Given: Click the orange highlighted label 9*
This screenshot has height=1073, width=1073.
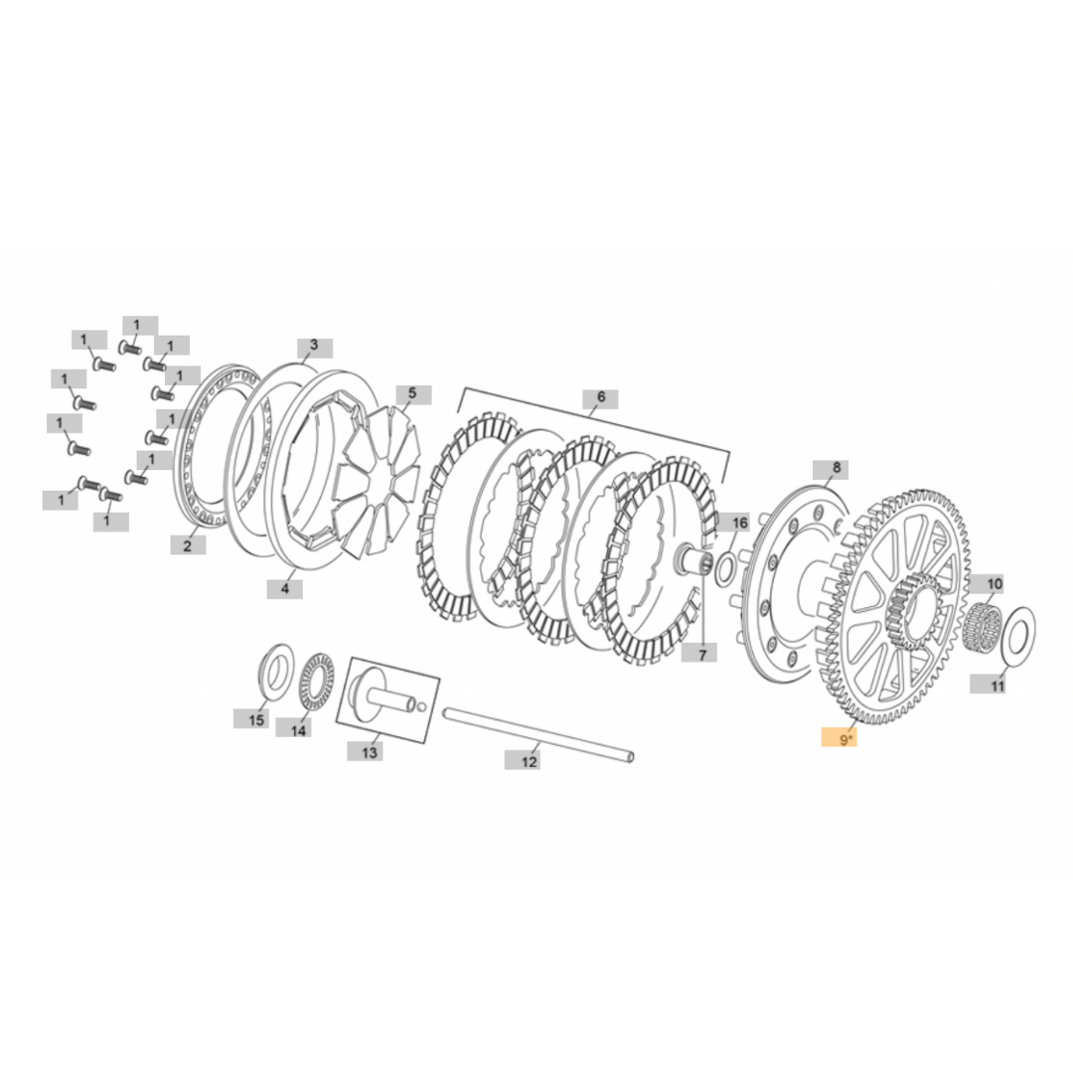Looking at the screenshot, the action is coord(839,739).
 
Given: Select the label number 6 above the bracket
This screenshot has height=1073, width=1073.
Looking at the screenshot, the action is coord(601,397).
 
